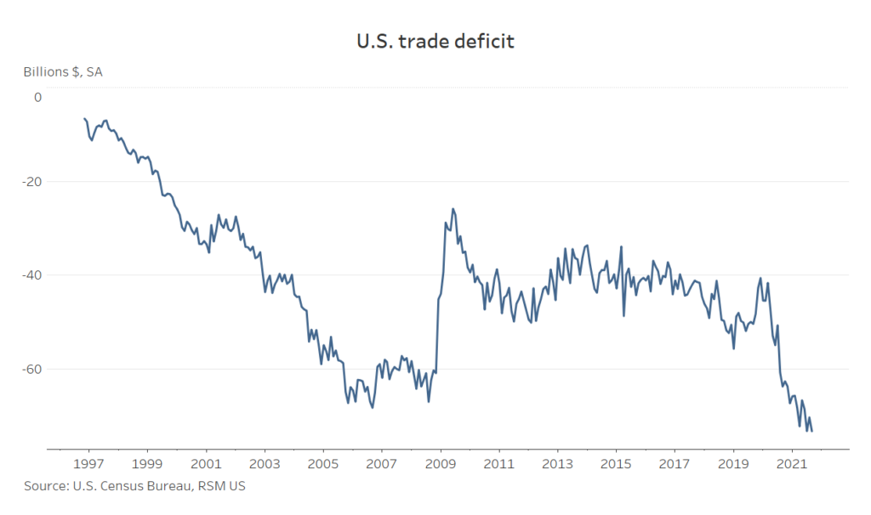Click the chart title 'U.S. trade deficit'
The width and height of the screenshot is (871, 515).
435,41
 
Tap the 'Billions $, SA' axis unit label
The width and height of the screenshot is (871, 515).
63,71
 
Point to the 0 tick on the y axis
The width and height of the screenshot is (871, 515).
37,97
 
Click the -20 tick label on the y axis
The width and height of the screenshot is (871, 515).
31,182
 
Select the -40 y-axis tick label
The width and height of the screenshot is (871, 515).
31,275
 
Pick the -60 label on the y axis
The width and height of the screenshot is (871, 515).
31,369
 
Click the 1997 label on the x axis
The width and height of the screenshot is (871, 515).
89,464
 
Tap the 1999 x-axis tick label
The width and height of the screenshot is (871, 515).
148,464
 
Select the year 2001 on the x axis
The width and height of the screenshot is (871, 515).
207,464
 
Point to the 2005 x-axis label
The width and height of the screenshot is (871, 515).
323,464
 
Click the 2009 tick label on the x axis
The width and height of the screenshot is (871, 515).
441,464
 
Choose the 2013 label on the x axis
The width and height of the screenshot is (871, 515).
557,464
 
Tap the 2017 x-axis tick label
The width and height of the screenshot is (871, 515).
675,464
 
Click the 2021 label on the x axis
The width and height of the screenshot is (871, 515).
791,464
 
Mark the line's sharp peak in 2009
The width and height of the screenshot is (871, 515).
453,208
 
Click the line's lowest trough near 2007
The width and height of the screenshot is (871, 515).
373,408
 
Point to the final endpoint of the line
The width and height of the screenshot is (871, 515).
812,431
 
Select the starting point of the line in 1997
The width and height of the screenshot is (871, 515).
84,118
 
